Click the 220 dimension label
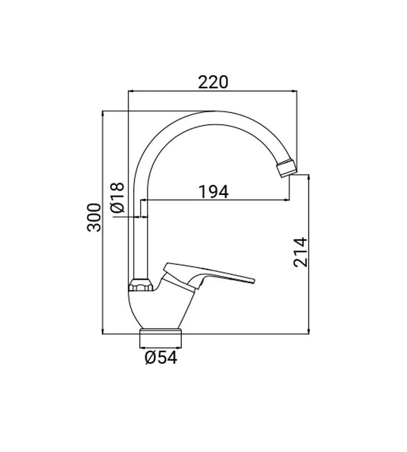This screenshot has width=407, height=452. click(213, 82)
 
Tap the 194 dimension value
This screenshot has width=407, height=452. click(213, 192)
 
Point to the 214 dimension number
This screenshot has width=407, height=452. click(301, 252)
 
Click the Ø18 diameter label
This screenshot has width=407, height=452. click(117, 198)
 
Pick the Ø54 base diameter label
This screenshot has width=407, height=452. click(161, 358)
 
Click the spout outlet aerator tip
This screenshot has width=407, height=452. click(287, 168)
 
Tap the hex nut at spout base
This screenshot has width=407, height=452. click(141, 285)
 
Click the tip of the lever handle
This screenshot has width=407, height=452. click(254, 281)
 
